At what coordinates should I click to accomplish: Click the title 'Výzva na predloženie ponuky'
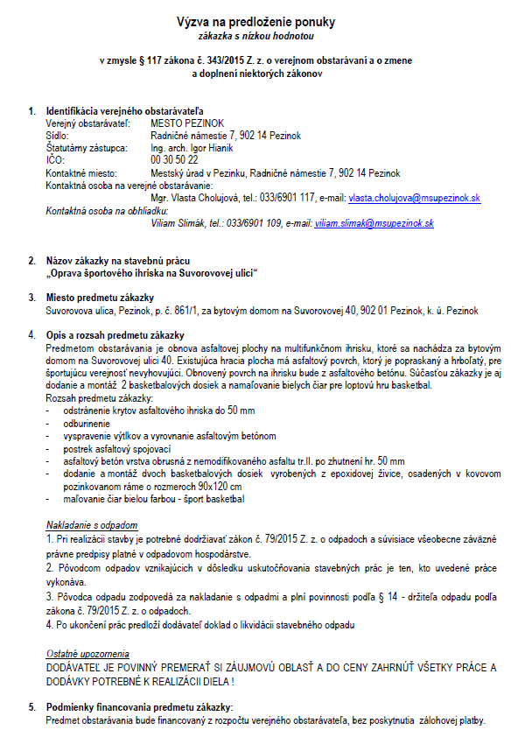point(262,21)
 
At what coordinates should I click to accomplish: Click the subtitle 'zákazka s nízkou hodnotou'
point(262,36)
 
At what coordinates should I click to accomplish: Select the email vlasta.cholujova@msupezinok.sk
point(414,199)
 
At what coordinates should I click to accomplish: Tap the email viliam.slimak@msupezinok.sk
point(374,224)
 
